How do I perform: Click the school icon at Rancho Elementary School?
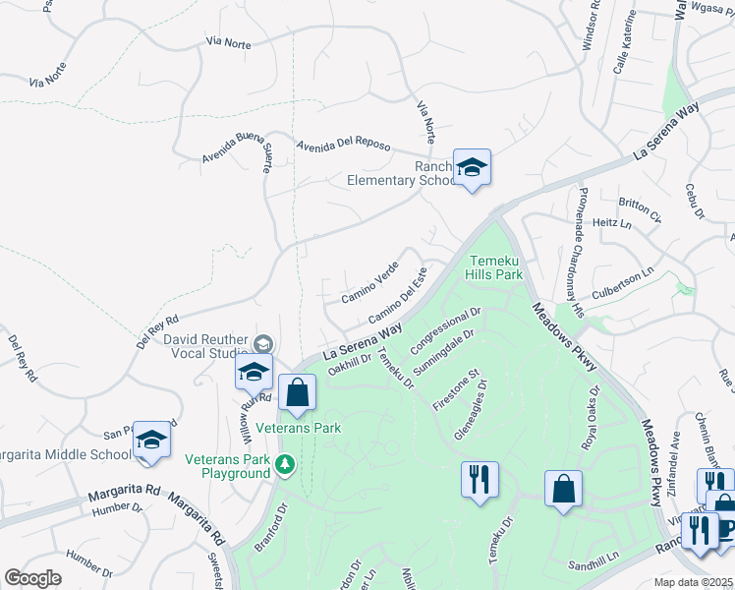[472, 167]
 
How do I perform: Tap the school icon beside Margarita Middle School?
[151, 440]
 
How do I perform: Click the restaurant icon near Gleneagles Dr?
[479, 480]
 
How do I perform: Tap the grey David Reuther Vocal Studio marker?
[262, 343]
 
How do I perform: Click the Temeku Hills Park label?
[494, 265]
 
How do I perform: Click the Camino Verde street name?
[369, 281]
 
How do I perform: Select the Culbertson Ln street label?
[622, 283]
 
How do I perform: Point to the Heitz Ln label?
[612, 223]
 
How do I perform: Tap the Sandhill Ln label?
[596, 566]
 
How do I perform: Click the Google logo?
[33, 578]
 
